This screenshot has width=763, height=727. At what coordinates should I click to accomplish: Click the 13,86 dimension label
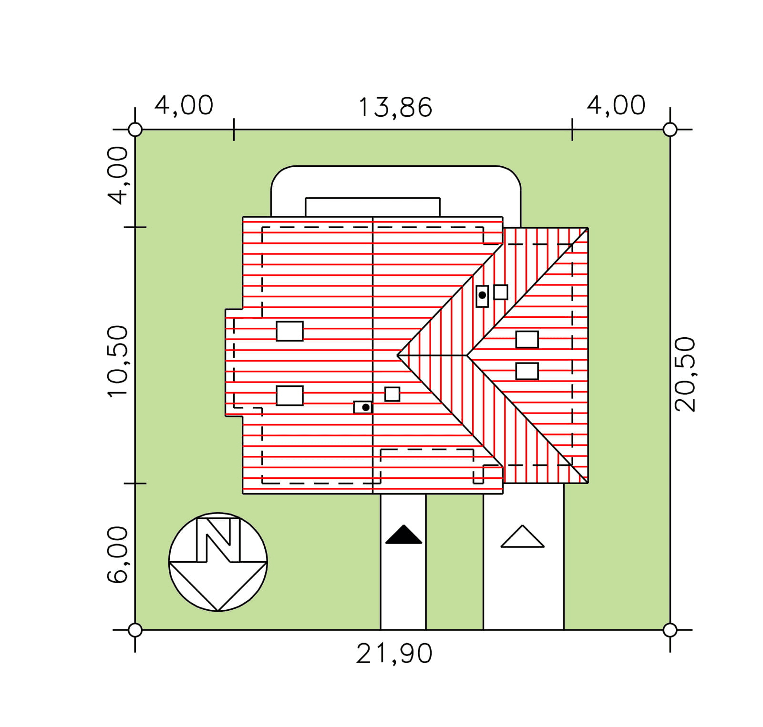pyautogui.click(x=395, y=107)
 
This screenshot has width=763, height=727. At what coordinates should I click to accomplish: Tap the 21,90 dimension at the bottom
pyautogui.click(x=394, y=653)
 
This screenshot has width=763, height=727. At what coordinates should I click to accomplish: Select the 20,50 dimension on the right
pyautogui.click(x=685, y=374)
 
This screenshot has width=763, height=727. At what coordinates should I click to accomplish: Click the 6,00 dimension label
pyautogui.click(x=117, y=555)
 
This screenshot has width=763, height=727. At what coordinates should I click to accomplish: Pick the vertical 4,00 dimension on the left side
pyautogui.click(x=117, y=175)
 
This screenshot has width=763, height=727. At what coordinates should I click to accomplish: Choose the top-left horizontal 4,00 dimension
pyautogui.click(x=184, y=105)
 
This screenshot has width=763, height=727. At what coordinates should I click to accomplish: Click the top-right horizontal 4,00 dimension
pyautogui.click(x=616, y=105)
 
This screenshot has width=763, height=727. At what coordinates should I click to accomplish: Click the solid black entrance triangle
pyautogui.click(x=403, y=535)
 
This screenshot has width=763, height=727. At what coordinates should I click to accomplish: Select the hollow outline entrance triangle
pyautogui.click(x=522, y=537)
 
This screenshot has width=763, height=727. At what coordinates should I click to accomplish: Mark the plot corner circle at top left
pyautogui.click(x=135, y=129)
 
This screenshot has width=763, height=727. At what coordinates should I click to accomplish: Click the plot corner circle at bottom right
pyautogui.click(x=670, y=630)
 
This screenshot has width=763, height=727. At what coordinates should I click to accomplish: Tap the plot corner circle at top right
pyautogui.click(x=670, y=129)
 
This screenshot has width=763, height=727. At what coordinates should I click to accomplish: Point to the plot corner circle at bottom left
pyautogui.click(x=135, y=630)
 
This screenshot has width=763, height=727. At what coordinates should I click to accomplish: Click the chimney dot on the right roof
pyautogui.click(x=482, y=295)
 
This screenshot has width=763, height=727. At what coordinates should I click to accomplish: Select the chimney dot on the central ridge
pyautogui.click(x=366, y=407)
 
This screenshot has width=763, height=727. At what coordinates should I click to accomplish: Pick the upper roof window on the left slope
pyautogui.click(x=289, y=331)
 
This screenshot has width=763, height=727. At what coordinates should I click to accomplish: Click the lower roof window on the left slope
pyautogui.click(x=289, y=395)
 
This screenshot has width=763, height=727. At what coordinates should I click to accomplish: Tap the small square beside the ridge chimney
pyautogui.click(x=392, y=394)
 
